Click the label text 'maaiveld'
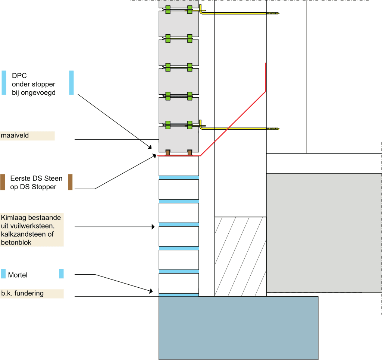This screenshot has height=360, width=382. click(x=15, y=136)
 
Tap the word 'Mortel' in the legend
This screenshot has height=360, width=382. click(x=18, y=275)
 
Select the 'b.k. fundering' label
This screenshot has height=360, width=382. click(x=22, y=293)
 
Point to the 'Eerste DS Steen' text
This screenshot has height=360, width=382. click(x=36, y=179)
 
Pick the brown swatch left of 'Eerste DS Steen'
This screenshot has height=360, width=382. click(x=3, y=182)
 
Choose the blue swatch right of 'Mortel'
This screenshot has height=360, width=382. click(x=61, y=274)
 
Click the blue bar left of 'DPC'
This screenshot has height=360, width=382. click(x=4, y=82)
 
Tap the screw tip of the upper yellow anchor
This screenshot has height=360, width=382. click(x=278, y=13)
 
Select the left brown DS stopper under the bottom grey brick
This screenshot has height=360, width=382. click(x=168, y=152)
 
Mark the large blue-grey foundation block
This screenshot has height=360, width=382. click(x=238, y=328)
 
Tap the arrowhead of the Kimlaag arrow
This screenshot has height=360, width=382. click(x=153, y=227)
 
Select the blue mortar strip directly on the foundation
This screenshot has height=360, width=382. click(x=179, y=295)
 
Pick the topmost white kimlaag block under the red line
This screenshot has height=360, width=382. click(x=179, y=166)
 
